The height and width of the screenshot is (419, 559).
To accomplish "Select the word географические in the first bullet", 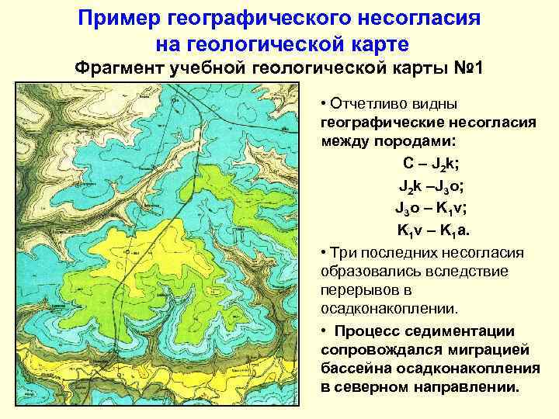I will click(x=380, y=123).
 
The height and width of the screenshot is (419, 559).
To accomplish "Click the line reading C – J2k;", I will click(x=430, y=164).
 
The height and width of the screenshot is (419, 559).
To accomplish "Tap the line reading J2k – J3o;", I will click(x=432, y=186).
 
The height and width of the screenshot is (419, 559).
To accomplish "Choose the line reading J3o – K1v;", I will click(x=430, y=208).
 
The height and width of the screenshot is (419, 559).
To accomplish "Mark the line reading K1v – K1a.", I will click(x=432, y=230).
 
